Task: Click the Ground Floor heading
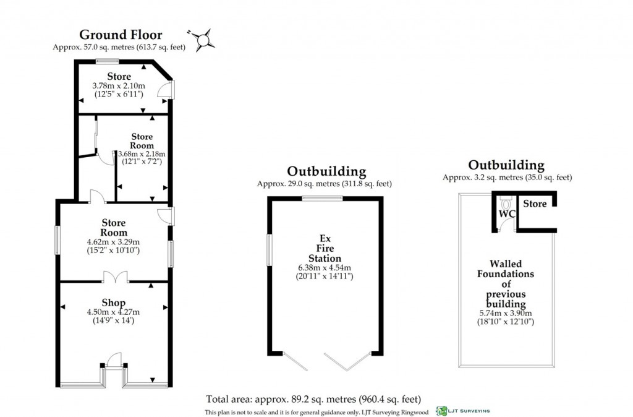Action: pos(121,35)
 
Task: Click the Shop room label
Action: pos(113,303)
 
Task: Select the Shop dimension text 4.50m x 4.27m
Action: pos(113,312)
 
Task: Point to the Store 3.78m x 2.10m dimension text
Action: pos(118,85)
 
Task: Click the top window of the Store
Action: pos(107,61)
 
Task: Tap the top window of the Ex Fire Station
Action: pos(321,198)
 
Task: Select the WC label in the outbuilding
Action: pos(507,214)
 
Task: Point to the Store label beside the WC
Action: pos(535,204)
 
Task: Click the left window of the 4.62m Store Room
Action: pos(57,239)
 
